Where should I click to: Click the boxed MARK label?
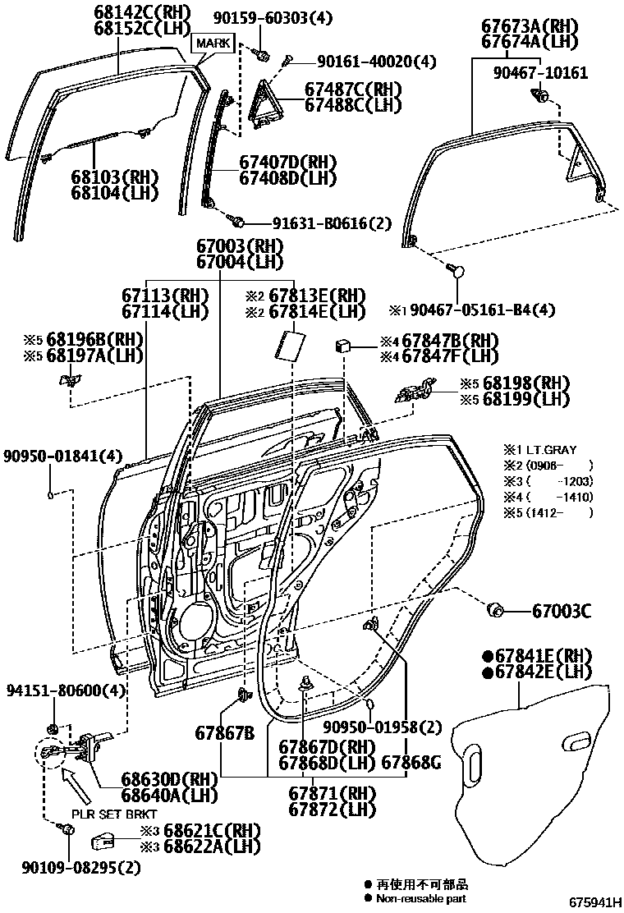(x=213, y=42)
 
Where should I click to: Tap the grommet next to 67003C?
(x=496, y=610)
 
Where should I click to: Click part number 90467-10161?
(x=540, y=72)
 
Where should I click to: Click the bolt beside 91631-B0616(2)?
(x=237, y=220)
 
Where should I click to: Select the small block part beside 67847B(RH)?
(x=344, y=346)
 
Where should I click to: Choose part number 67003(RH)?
(x=239, y=245)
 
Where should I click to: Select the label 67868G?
(x=411, y=763)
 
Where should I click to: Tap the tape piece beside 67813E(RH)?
(x=288, y=344)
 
